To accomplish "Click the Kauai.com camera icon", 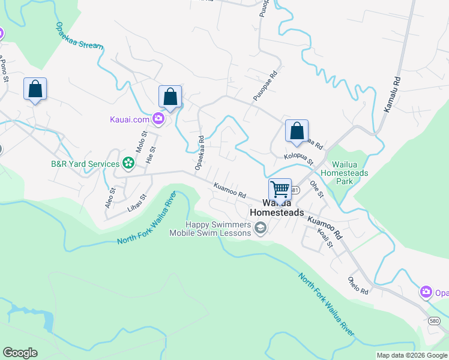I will tap(158, 118).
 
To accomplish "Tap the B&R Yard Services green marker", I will tap(128, 162).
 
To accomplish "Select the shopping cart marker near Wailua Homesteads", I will tap(280, 189).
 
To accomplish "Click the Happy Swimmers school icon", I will tap(261, 228).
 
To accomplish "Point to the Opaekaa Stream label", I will tap(79, 37).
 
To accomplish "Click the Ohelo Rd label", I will tap(358, 285).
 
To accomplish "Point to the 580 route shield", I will tap(435, 321).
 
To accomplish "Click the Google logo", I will tap(20, 353).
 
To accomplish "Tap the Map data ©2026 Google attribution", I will tap(411, 355).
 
